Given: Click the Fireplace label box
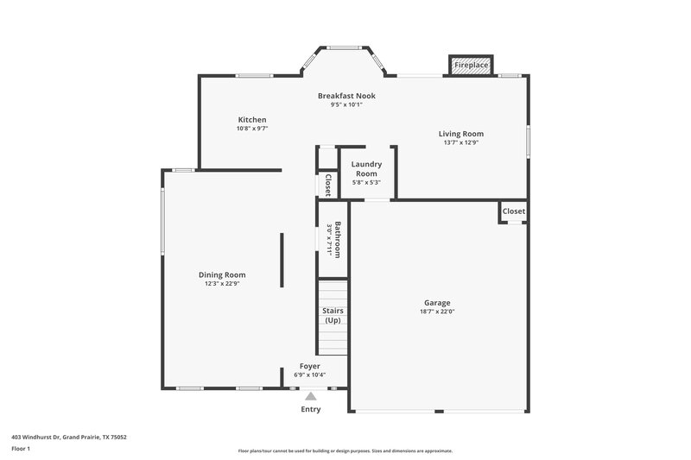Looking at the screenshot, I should point(472,65).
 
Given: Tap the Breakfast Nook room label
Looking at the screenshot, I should point(345,96).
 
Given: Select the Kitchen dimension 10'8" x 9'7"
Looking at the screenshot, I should point(252,129).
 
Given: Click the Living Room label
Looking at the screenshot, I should point(460,134).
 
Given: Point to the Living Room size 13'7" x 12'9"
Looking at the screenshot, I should point(460,142).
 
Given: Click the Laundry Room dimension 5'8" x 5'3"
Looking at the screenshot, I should point(366,182).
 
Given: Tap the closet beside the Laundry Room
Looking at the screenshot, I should point(327,185).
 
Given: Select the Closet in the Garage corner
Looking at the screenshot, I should point(513,211).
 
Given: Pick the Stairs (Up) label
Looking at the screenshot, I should point(333,315).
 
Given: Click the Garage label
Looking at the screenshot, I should point(437,303).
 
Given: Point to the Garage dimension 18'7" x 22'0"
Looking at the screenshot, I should point(437,312).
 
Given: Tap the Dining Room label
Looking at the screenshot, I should point(222,274).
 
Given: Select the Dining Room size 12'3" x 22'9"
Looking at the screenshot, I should point(222,283).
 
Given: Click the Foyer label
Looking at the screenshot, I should point(310,366).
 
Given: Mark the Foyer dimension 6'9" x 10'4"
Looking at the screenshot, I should point(310,375).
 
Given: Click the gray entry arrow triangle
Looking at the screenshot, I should point(310,395).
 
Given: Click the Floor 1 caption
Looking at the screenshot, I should point(21,450).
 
